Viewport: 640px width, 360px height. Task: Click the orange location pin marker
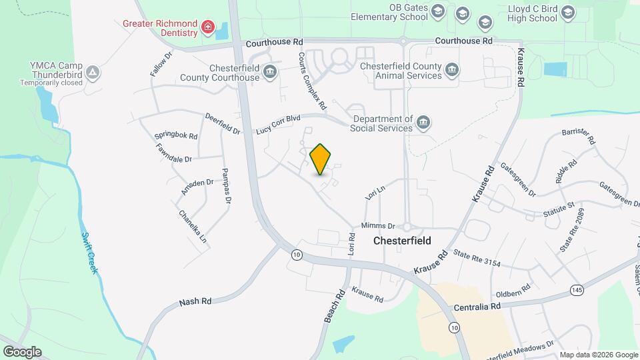pyautogui.click(x=321, y=159)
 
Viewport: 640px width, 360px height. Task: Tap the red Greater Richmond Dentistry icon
pyautogui.click(x=208, y=27)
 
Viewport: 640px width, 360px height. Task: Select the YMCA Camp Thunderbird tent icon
pyautogui.click(x=93, y=72)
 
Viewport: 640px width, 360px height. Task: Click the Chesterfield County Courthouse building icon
pyautogui.click(x=270, y=72)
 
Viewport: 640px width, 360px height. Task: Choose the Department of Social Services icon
pyautogui.click(x=423, y=123)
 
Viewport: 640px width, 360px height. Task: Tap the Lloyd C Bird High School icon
pyautogui.click(x=567, y=13)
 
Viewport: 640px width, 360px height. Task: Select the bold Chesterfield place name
pyautogui.click(x=402, y=241)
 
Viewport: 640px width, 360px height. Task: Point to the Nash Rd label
pyautogui.click(x=195, y=301)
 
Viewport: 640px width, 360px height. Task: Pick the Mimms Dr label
pyautogui.click(x=378, y=226)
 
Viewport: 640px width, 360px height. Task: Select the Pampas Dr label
pyautogui.click(x=227, y=185)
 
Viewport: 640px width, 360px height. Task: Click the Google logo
pyautogui.click(x=22, y=352)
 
